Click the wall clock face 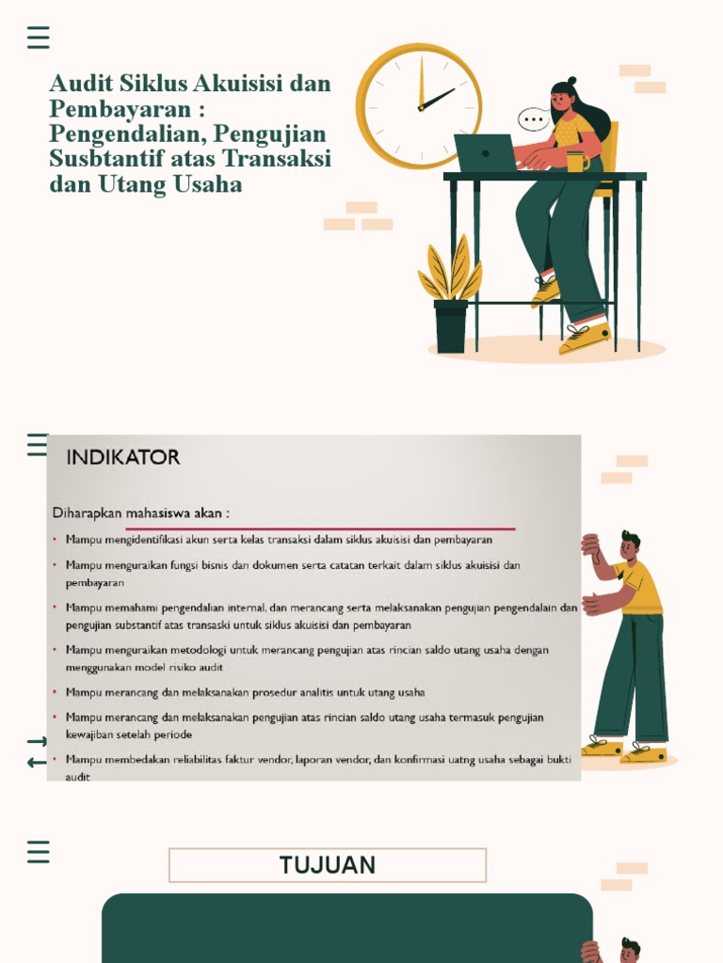coord(419,106)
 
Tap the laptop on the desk coord(485,152)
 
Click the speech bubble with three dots coord(535,119)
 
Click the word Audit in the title coord(80,84)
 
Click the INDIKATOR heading coord(123,458)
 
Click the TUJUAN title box coord(328,865)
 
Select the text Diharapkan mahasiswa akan coord(141,513)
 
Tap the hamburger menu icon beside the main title coord(39,38)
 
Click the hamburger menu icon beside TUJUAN coord(39,852)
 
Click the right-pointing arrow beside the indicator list coord(37,742)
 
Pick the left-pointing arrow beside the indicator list coord(37,762)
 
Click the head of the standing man coord(630,545)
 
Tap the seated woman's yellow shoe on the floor coord(585,339)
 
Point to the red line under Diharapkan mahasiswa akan coord(320,529)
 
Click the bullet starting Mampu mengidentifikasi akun coord(279,540)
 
